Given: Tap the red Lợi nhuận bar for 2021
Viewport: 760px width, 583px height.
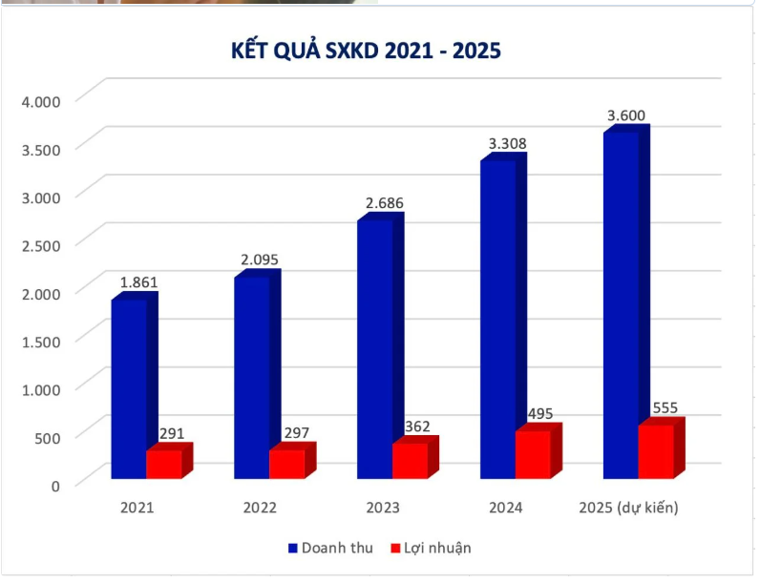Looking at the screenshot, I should coord(163,464).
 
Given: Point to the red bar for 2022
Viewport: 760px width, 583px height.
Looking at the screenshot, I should coord(286,464).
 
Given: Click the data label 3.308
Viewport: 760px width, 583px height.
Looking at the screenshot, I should coord(507,144).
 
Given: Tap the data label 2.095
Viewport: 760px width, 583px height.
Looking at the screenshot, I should coord(261,260).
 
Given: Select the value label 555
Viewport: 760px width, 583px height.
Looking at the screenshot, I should coord(665,408).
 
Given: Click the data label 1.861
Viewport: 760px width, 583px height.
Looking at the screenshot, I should coord(138,282).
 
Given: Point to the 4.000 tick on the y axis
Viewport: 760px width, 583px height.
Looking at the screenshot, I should coord(41,100).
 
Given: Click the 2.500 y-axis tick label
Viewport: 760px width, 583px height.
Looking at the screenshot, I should coord(41,244).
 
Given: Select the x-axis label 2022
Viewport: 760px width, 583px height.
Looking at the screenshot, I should coord(260,508).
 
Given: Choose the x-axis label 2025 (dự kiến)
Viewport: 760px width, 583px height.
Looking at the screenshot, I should coord(628,508).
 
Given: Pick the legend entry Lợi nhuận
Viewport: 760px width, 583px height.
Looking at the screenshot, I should coord(436,548).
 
